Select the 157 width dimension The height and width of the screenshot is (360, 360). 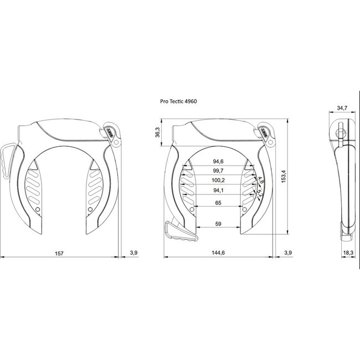[60, 253]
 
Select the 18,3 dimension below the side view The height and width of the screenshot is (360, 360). [347, 253]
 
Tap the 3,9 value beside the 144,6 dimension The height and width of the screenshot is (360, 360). [287, 253]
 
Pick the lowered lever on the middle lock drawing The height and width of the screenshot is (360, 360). [178, 231]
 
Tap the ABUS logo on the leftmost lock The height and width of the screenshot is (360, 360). [110, 132]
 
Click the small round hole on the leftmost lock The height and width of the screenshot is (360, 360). [37, 211]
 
